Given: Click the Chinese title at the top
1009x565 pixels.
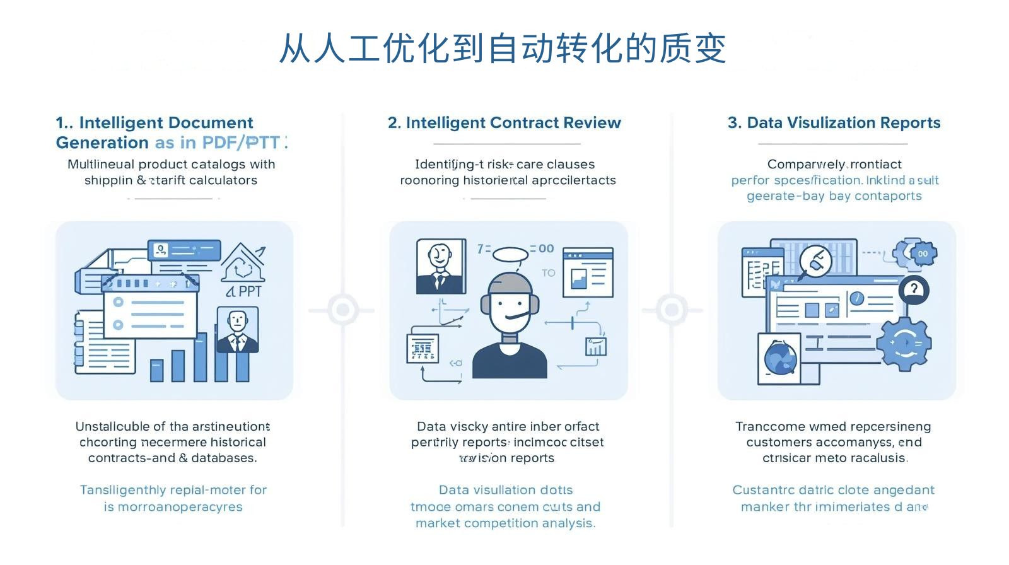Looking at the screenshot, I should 503,49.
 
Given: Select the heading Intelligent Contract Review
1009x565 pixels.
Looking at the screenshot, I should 504,123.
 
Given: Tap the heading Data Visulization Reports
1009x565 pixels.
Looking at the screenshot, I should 834,123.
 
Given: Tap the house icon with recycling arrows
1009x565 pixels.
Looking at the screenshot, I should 243,264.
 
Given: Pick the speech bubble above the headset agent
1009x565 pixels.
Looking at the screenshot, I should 510,254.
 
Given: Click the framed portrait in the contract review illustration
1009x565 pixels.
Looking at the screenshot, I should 440,266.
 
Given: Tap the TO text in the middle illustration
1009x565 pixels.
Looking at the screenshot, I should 548,273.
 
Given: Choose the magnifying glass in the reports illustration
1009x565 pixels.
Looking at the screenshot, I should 815,261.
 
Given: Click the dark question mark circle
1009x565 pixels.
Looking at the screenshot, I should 913,289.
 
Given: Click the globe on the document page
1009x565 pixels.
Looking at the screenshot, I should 781,358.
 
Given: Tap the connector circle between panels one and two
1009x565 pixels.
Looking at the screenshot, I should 342,310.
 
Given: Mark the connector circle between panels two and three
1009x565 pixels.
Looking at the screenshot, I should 672,310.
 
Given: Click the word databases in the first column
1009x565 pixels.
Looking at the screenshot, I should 223,458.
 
